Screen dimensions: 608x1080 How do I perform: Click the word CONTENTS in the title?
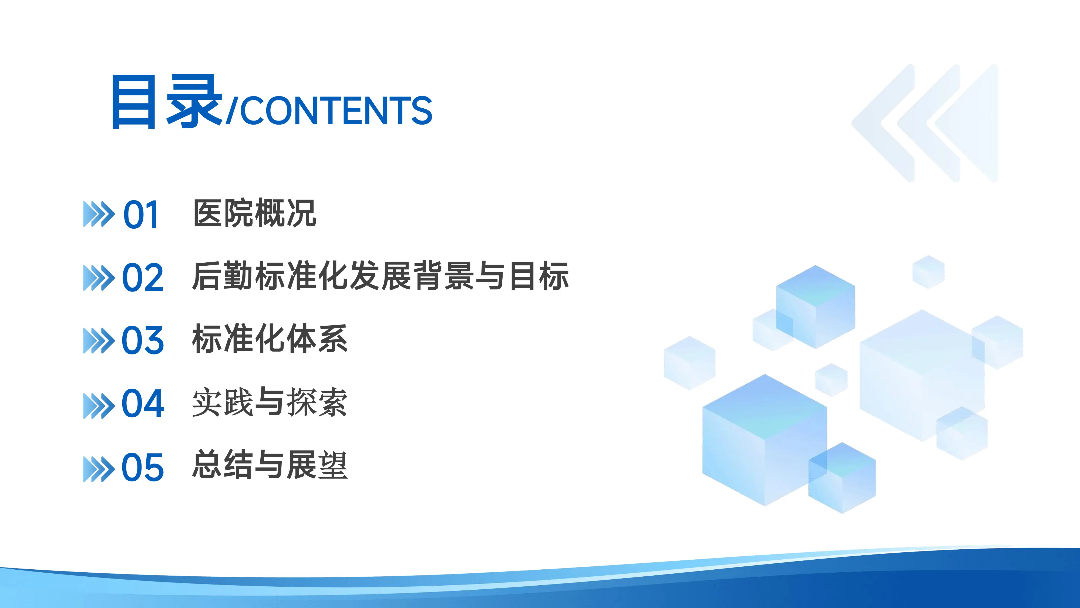point(336,110)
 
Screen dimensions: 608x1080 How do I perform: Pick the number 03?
point(143,340)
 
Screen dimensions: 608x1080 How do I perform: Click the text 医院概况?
point(254,213)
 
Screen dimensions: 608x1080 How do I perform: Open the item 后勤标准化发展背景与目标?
point(380,276)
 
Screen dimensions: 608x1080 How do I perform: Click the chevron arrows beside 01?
point(99,214)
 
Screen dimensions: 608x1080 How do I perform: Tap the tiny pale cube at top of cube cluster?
point(928,272)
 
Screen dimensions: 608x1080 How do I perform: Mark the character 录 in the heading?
point(194,102)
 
